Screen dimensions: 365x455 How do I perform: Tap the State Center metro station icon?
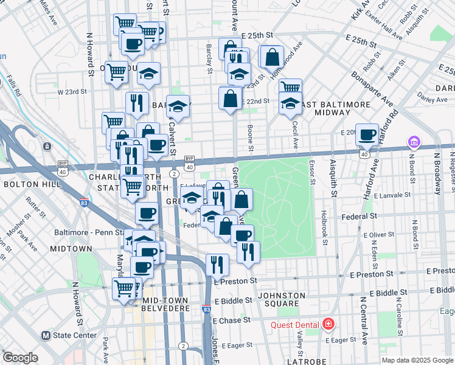[45, 335]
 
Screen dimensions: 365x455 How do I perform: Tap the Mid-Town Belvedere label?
[166, 304]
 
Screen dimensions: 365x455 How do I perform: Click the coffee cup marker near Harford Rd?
[367, 136]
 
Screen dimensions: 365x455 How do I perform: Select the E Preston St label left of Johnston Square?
[235, 280]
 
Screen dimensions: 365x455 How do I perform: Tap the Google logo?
[20, 358]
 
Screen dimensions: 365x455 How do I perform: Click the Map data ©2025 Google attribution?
[417, 360]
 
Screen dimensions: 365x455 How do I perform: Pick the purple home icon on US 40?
[414, 142]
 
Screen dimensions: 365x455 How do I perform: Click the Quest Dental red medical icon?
[328, 323]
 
